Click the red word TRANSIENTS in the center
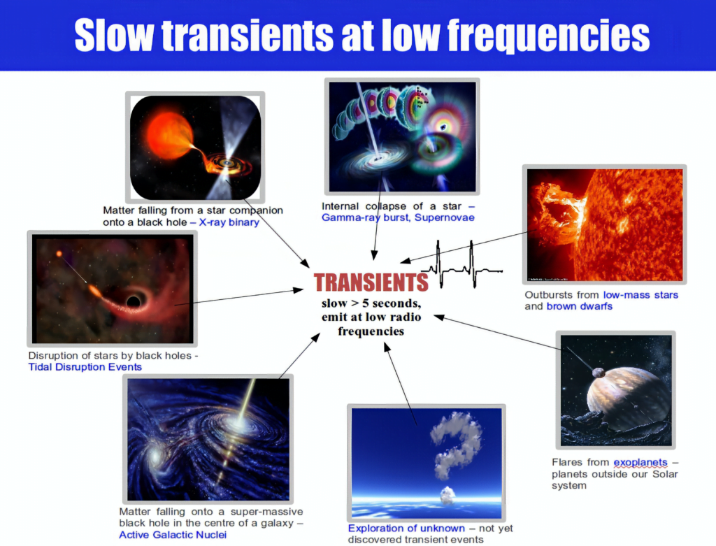pyautogui.click(x=371, y=282)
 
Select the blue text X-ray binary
pyautogui.click(x=229, y=222)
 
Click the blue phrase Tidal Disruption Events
pyautogui.click(x=85, y=367)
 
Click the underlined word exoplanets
pyautogui.click(x=640, y=463)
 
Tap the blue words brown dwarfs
pyautogui.click(x=579, y=306)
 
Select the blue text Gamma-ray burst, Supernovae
pyautogui.click(x=398, y=217)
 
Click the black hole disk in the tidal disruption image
pyautogui.click(x=131, y=302)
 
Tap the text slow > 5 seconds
pyautogui.click(x=370, y=304)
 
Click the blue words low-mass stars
pyautogui.click(x=640, y=295)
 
